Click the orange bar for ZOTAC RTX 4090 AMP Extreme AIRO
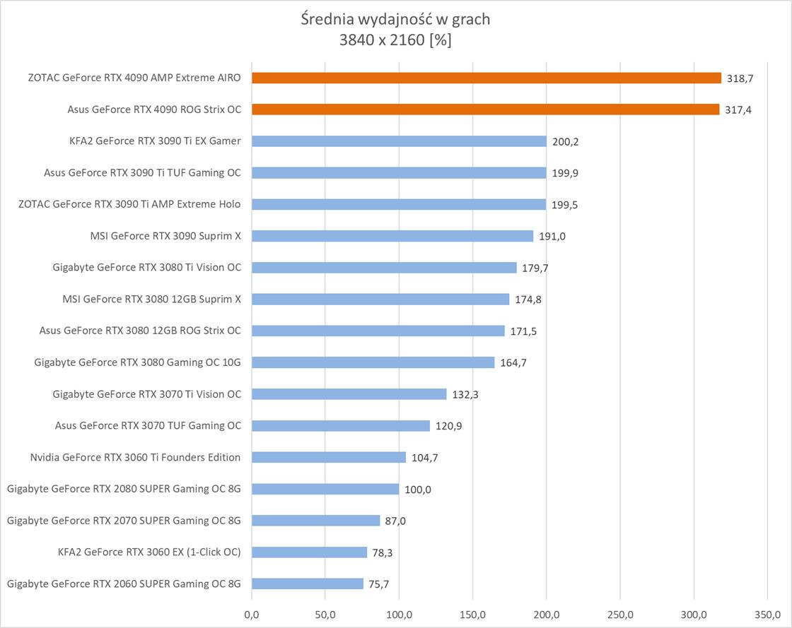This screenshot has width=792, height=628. (x=487, y=78)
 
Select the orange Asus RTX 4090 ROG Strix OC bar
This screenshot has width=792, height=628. (x=485, y=109)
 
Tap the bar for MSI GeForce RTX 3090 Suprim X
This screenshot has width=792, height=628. (x=392, y=236)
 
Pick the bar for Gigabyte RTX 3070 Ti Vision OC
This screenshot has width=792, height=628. (x=349, y=394)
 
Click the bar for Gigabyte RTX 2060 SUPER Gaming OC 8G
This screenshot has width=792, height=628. (x=308, y=583)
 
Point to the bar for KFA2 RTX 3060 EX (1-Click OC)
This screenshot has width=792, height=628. (x=309, y=552)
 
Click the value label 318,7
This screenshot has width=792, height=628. (x=740, y=78)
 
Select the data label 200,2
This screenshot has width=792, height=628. (x=566, y=141)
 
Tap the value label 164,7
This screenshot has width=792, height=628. (x=513, y=363)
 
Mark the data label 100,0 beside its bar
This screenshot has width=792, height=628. (x=418, y=490)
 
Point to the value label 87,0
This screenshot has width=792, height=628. (x=396, y=521)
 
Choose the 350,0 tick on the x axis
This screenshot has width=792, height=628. (x=767, y=615)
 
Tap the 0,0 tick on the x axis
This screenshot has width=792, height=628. (x=252, y=615)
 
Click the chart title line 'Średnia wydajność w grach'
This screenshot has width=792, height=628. (x=395, y=19)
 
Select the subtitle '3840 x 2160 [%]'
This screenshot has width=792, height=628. (x=395, y=40)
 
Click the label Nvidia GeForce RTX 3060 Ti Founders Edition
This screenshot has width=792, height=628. (x=135, y=457)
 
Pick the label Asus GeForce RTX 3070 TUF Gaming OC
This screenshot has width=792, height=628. (x=148, y=425)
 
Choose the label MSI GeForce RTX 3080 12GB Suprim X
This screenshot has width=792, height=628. (x=151, y=299)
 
